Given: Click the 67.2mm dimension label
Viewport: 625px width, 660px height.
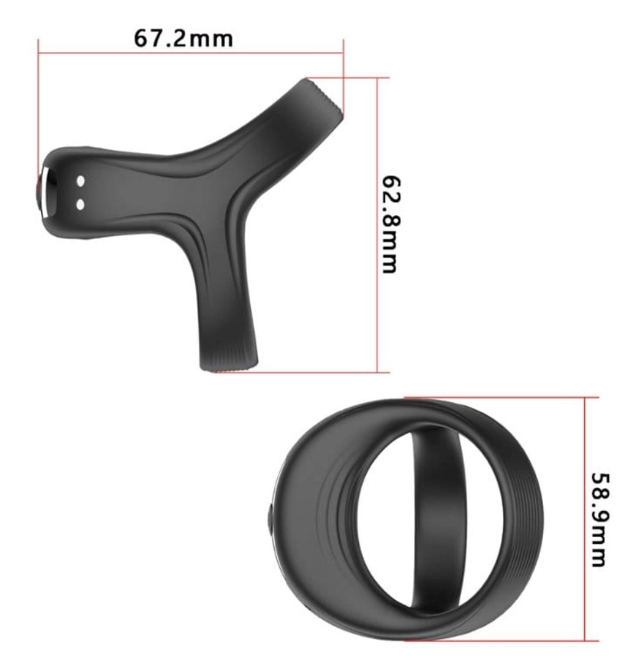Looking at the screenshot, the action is click(183, 38).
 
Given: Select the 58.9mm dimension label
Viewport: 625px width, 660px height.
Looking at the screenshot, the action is click(601, 519).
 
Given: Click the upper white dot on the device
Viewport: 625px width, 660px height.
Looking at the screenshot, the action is click(81, 181).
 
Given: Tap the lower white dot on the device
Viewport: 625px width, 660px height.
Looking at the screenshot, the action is click(81, 205).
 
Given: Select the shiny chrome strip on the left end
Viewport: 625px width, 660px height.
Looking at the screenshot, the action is click(49, 193).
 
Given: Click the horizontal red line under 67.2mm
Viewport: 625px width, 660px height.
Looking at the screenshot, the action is click(191, 53).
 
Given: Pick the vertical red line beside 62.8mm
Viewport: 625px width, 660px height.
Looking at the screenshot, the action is click(378, 225).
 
